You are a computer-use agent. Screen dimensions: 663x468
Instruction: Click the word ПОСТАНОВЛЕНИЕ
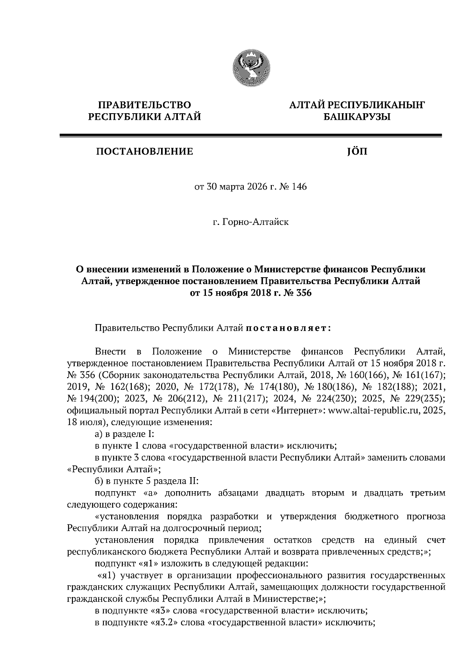145,151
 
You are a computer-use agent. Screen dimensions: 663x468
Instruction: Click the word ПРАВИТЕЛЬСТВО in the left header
145,105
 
